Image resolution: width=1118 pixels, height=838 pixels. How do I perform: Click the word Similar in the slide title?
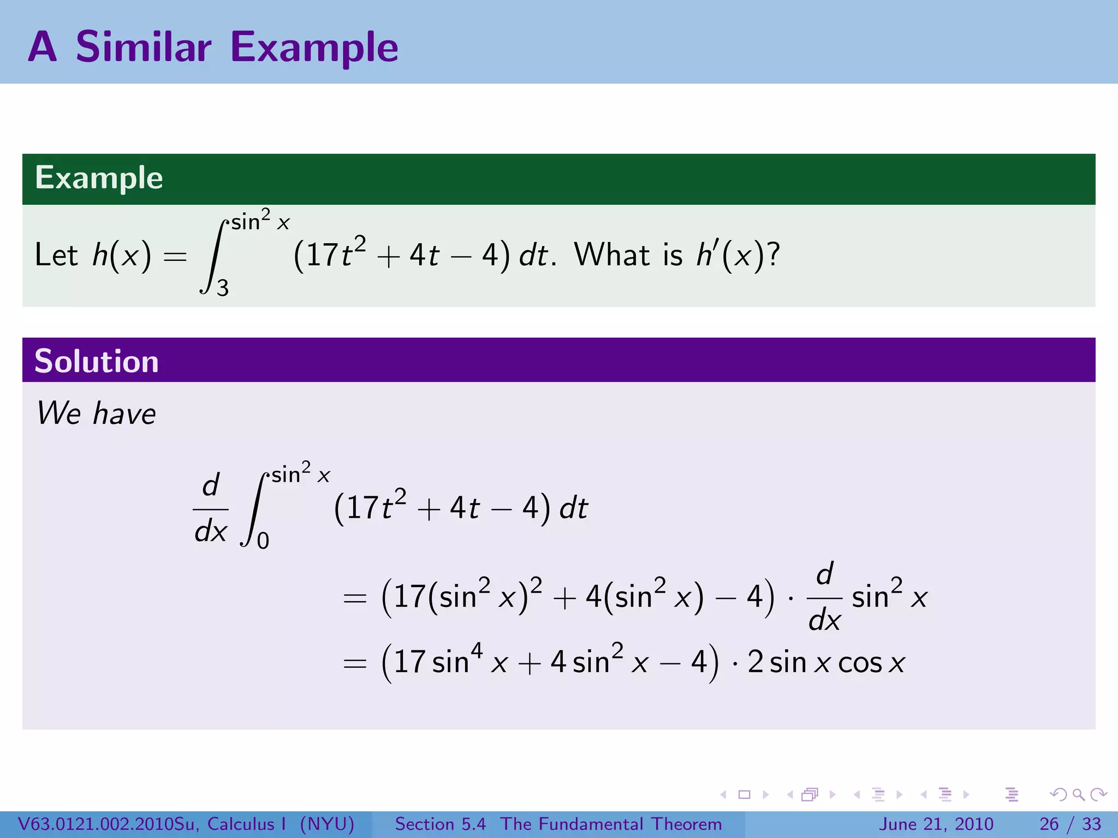pyautogui.click(x=144, y=47)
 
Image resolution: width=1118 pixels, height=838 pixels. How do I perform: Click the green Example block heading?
pyautogui.click(x=99, y=178)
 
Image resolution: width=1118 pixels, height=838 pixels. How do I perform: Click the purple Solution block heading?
pyautogui.click(x=97, y=361)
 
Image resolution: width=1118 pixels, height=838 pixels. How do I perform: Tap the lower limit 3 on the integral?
pyautogui.click(x=223, y=288)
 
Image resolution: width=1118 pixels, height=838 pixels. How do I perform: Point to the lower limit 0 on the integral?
pyautogui.click(x=263, y=541)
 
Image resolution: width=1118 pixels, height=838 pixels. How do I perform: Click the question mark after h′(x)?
pyautogui.click(x=774, y=255)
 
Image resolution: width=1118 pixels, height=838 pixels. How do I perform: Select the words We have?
pyautogui.click(x=96, y=413)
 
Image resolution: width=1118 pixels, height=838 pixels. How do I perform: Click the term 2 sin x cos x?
pyautogui.click(x=826, y=662)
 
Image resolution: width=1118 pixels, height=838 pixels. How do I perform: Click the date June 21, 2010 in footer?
pyautogui.click(x=936, y=824)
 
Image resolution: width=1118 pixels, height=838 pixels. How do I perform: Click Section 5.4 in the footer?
pyautogui.click(x=440, y=824)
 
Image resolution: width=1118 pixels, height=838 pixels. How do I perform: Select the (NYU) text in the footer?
pyautogui.click(x=327, y=824)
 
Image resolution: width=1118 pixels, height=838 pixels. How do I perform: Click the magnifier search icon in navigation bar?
pyautogui.click(x=1078, y=794)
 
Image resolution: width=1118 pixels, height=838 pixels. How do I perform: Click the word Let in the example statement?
pyautogui.click(x=56, y=255)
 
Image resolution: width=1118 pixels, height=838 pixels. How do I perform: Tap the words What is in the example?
pyautogui.click(x=628, y=255)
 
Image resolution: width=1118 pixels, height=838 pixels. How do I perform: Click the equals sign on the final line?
pyautogui.click(x=355, y=663)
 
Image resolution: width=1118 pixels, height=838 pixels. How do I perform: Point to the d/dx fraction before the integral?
pyautogui.click(x=211, y=508)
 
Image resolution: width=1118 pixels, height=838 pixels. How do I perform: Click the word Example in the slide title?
pyautogui.click(x=314, y=47)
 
